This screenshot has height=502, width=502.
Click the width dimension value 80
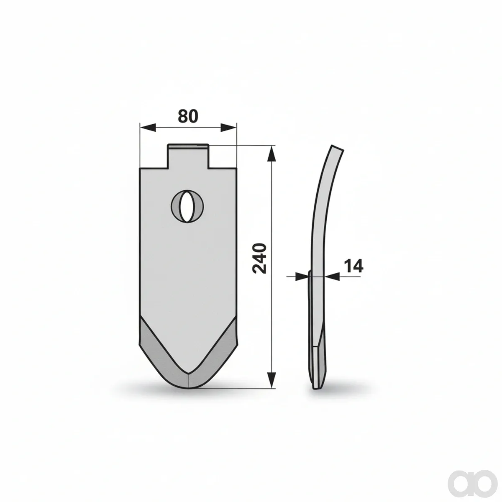tap(188, 116)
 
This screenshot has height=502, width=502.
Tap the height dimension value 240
tap(259, 259)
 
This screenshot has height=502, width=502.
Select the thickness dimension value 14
tap(353, 266)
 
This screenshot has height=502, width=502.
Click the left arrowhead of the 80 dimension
tap(148, 128)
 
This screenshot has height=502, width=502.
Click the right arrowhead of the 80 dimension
tap(229, 128)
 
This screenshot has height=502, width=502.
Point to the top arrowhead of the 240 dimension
tap(272, 154)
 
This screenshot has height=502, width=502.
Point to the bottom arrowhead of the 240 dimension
tap(272, 387)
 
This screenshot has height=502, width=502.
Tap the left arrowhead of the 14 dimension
tap(302, 277)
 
